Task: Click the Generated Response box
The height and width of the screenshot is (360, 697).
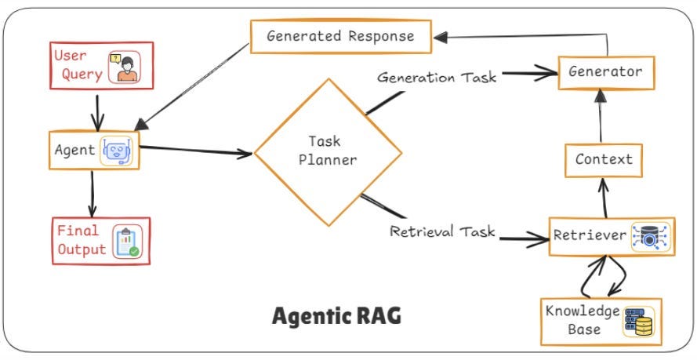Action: (x=339, y=36)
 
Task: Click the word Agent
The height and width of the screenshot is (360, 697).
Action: (x=74, y=148)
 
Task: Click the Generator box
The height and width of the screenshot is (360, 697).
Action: (x=606, y=72)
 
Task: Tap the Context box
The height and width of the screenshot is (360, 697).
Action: (x=604, y=159)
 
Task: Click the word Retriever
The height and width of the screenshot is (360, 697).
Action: (x=589, y=235)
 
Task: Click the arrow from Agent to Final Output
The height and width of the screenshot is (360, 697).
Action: (x=93, y=191)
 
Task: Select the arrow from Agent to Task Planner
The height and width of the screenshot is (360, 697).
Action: (x=196, y=149)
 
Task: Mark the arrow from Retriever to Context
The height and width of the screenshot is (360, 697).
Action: (x=604, y=198)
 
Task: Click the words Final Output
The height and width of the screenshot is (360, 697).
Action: (x=81, y=240)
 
